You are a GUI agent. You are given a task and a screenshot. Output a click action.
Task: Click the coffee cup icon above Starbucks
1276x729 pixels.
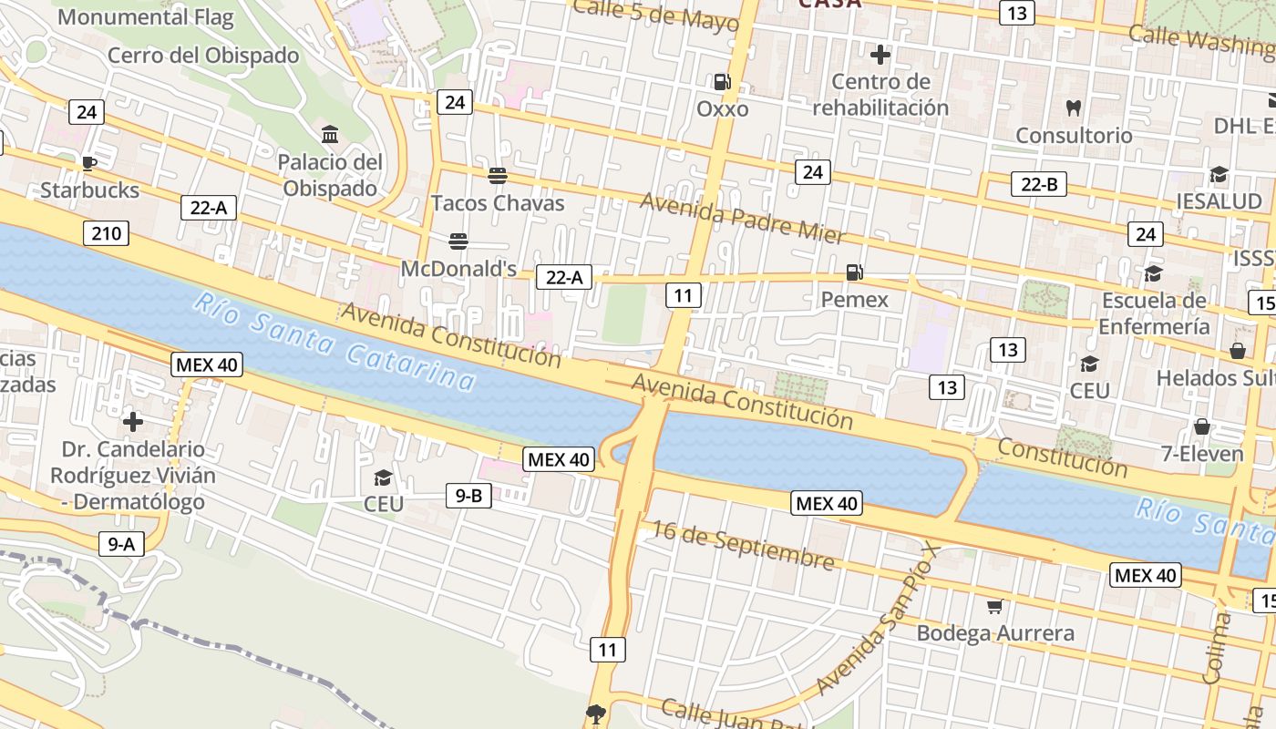88,163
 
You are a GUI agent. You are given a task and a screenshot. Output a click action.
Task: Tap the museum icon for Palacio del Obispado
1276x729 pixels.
330,135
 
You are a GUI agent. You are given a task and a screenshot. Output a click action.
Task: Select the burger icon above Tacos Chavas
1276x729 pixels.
498,175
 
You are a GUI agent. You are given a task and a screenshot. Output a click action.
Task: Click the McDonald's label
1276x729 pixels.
458,269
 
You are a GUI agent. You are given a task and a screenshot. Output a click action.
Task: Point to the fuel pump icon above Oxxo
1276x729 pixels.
723,82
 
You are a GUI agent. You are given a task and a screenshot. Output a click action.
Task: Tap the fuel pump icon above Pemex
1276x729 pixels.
854,272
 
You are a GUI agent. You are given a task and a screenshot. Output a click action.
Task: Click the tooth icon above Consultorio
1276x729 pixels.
1074,108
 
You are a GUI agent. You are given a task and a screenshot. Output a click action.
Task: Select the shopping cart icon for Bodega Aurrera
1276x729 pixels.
995,606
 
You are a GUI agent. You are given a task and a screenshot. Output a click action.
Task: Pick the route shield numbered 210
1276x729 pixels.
106,233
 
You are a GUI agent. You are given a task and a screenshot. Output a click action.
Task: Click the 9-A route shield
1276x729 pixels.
121,544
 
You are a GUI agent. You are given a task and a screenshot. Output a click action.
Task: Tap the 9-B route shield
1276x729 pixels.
468,496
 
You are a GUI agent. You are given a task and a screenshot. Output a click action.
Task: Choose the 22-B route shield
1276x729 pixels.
1039,184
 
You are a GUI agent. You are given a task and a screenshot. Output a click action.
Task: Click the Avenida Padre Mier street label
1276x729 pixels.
743,217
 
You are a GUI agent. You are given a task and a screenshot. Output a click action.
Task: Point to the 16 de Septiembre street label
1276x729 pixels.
743,545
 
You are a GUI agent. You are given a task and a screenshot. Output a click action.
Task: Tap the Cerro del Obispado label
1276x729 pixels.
203,56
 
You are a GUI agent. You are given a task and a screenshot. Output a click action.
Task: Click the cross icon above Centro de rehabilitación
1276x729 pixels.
880,55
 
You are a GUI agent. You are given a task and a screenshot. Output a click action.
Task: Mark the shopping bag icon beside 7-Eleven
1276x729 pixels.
1202,426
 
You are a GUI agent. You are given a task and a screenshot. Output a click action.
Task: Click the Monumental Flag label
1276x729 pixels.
146,16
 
